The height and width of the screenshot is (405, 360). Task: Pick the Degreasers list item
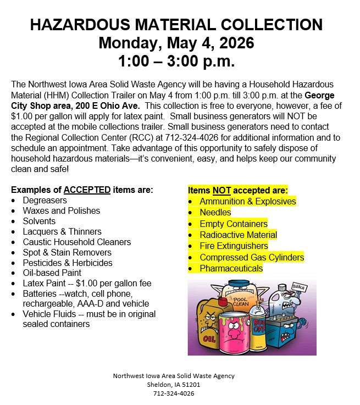[x=45, y=201]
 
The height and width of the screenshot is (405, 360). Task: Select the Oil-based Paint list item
[x=52, y=273]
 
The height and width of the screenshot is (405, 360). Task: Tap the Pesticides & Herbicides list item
[x=67, y=263]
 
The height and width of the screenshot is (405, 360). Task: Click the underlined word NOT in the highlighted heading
[x=222, y=190]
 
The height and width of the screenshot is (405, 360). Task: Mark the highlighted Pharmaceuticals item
[x=231, y=268]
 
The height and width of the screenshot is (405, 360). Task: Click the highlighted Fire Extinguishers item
[x=234, y=246]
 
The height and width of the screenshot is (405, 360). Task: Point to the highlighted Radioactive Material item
[x=238, y=235]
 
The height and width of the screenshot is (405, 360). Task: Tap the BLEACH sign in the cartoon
[x=301, y=288]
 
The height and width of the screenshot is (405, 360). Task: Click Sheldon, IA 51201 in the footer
[x=174, y=385]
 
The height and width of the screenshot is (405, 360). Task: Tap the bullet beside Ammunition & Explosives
[x=190, y=202]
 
